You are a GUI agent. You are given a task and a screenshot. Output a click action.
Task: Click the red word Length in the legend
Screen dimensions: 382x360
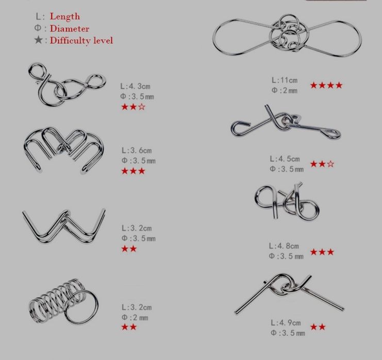[65, 16]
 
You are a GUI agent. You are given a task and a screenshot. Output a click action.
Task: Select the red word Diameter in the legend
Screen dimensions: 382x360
[70, 29]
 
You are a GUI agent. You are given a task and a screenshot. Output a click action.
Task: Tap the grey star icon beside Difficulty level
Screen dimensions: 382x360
[39, 40]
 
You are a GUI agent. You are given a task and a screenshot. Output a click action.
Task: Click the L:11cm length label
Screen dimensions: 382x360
[285, 80]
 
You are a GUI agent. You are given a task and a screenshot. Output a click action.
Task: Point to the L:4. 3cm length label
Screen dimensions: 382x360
[135, 86]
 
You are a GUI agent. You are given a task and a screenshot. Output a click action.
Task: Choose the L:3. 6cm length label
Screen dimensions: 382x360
[137, 150]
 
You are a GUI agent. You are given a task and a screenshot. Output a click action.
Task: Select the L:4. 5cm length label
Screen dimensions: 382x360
[285, 159]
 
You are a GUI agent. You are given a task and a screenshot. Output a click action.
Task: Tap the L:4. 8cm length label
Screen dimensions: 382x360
[284, 246]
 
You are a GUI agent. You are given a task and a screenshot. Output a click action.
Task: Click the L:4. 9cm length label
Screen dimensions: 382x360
[286, 323]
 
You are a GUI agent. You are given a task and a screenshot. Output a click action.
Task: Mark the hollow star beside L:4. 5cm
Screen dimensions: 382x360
[330, 164]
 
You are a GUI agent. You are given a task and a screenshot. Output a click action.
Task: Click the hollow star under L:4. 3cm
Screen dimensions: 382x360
[142, 107]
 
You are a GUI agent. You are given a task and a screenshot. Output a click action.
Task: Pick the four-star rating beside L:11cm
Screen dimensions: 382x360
[326, 85]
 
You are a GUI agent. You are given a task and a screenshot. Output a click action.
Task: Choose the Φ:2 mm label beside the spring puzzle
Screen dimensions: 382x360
[135, 318]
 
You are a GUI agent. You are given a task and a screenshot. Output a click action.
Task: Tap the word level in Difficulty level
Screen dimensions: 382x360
[103, 40]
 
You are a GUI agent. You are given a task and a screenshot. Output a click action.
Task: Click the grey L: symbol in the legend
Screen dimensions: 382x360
[40, 16]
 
